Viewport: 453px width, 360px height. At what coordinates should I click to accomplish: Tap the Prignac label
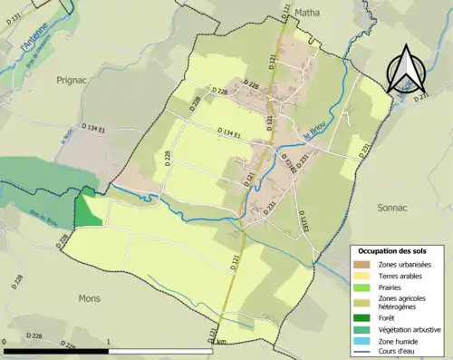pyautogui.click(x=73, y=81)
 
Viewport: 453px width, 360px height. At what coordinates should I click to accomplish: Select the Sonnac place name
pyautogui.click(x=395, y=207)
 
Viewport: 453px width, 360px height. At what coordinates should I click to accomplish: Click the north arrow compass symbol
pyautogui.click(x=405, y=68)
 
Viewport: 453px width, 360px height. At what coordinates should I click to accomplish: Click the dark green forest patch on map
pyautogui.click(x=88, y=211)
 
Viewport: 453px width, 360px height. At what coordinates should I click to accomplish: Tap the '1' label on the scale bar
pyautogui.click(x=109, y=342)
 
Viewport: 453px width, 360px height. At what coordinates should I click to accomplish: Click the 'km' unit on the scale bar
pyautogui.click(x=222, y=342)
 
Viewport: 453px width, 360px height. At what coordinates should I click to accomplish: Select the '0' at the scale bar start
pyautogui.click(x=5, y=342)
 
